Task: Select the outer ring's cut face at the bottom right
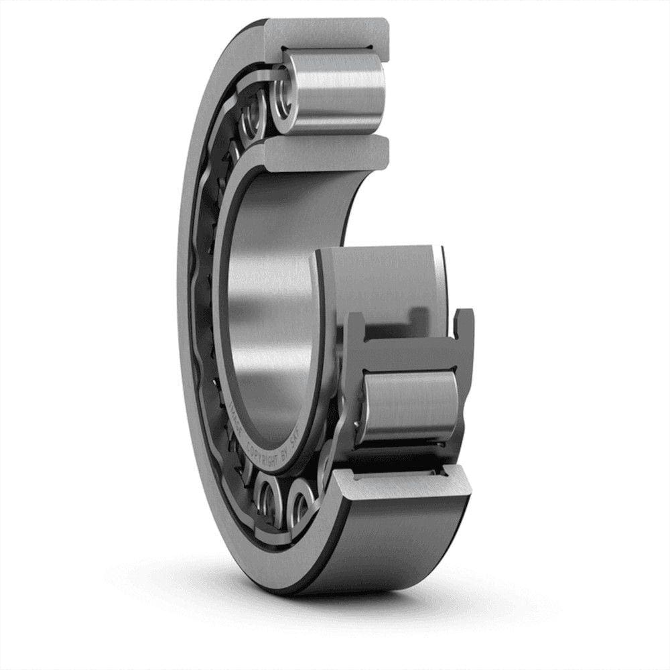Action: point(402,482)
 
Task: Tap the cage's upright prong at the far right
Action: point(464,328)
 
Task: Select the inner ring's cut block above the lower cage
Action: point(379,281)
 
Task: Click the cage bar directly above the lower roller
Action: point(409,352)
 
